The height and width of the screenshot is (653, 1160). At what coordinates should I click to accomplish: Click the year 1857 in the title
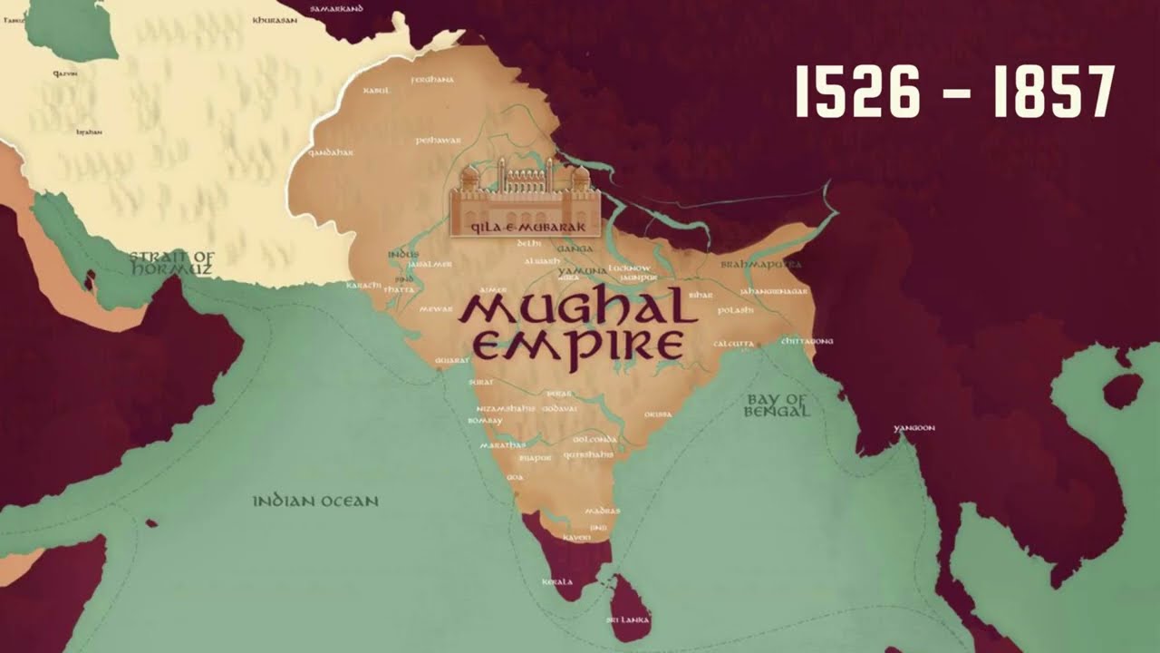1054,93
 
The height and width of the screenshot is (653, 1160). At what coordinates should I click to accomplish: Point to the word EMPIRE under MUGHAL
578,346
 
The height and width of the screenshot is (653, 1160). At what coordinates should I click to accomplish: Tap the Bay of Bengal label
776,405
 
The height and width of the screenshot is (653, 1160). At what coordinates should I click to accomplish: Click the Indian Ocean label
315,501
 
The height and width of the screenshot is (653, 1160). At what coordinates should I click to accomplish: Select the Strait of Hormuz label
171,263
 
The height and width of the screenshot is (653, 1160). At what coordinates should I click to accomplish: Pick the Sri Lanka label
628,620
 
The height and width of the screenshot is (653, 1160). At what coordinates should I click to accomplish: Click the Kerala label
556,581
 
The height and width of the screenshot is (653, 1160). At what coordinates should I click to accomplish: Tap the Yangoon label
913,428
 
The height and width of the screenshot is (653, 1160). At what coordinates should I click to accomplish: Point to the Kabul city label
375,91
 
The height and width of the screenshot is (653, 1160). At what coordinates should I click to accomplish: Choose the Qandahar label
330,152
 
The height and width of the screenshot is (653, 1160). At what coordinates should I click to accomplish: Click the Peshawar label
439,141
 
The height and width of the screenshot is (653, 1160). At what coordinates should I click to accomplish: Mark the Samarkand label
336,8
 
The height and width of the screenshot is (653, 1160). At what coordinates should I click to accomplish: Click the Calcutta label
733,345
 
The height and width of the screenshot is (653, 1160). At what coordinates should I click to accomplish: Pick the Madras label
603,511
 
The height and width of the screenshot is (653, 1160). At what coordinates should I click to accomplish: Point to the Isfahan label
89,132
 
